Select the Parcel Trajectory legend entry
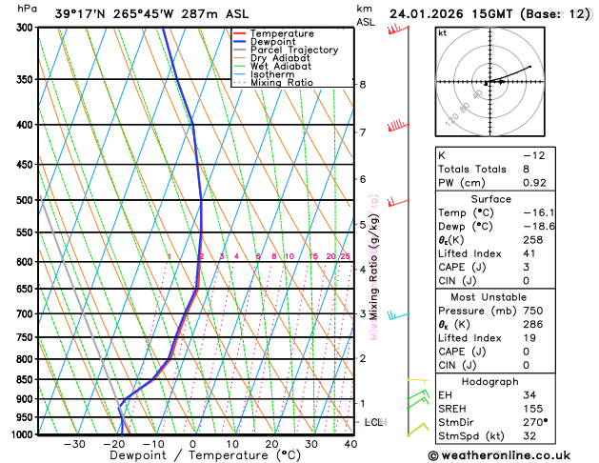(x=293, y=50)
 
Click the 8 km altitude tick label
(x=362, y=85)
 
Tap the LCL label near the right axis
(x=373, y=421)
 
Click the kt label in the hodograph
(x=442, y=33)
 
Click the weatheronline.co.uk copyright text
(x=511, y=455)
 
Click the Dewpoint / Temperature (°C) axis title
(x=193, y=456)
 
